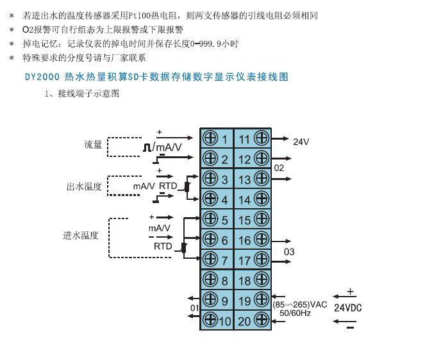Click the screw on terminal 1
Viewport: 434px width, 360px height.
click(x=209, y=138)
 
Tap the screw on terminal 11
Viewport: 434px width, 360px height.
click(x=261, y=137)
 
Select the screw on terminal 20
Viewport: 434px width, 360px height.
click(x=261, y=320)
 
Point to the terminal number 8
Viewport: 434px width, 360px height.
click(x=224, y=280)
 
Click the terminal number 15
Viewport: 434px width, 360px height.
click(x=244, y=220)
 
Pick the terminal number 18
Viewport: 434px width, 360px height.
click(x=244, y=280)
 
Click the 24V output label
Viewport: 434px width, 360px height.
click(x=301, y=142)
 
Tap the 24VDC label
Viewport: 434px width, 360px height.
click(x=348, y=307)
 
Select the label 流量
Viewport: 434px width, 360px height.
click(x=93, y=145)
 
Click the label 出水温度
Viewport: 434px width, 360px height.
click(x=84, y=187)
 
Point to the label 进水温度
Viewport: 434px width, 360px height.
click(x=81, y=235)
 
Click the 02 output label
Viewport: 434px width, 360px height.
click(x=279, y=168)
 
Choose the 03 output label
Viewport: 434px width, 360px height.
click(x=289, y=252)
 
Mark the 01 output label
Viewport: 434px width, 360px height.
click(x=194, y=308)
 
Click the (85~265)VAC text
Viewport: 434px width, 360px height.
click(x=300, y=304)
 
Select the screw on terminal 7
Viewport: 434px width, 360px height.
click(x=209, y=259)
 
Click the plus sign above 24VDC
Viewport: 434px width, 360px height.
click(x=350, y=291)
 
